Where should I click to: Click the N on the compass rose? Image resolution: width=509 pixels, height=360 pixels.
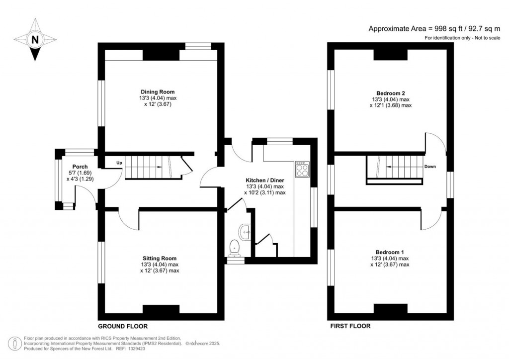click(x=35, y=40)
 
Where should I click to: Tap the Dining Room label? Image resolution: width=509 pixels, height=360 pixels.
click(x=158, y=92)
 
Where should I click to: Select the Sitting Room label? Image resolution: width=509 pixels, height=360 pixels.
click(x=160, y=259)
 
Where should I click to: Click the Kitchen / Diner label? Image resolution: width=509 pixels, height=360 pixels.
click(x=265, y=180)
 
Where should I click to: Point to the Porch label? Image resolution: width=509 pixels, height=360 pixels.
click(x=80, y=167)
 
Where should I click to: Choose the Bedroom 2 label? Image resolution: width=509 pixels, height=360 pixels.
click(x=391, y=93)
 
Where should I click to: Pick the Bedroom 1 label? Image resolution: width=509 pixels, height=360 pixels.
click(x=390, y=252)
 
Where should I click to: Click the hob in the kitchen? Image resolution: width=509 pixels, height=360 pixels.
click(x=302, y=169)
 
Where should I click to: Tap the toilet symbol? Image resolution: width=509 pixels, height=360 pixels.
click(x=234, y=247)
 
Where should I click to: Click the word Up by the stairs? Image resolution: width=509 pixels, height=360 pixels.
click(x=119, y=163)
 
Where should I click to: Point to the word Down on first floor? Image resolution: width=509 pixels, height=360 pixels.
click(x=430, y=167)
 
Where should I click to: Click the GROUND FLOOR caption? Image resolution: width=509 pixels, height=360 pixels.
click(x=123, y=326)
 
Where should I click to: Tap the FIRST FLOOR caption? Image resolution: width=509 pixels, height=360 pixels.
click(x=350, y=326)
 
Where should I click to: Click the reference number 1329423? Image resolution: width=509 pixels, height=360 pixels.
click(x=137, y=349)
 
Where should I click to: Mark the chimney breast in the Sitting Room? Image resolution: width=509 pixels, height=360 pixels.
click(x=161, y=309)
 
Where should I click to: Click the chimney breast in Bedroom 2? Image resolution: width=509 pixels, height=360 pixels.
click(x=391, y=55)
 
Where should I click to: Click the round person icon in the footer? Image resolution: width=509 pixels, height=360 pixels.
click(x=15, y=344)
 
